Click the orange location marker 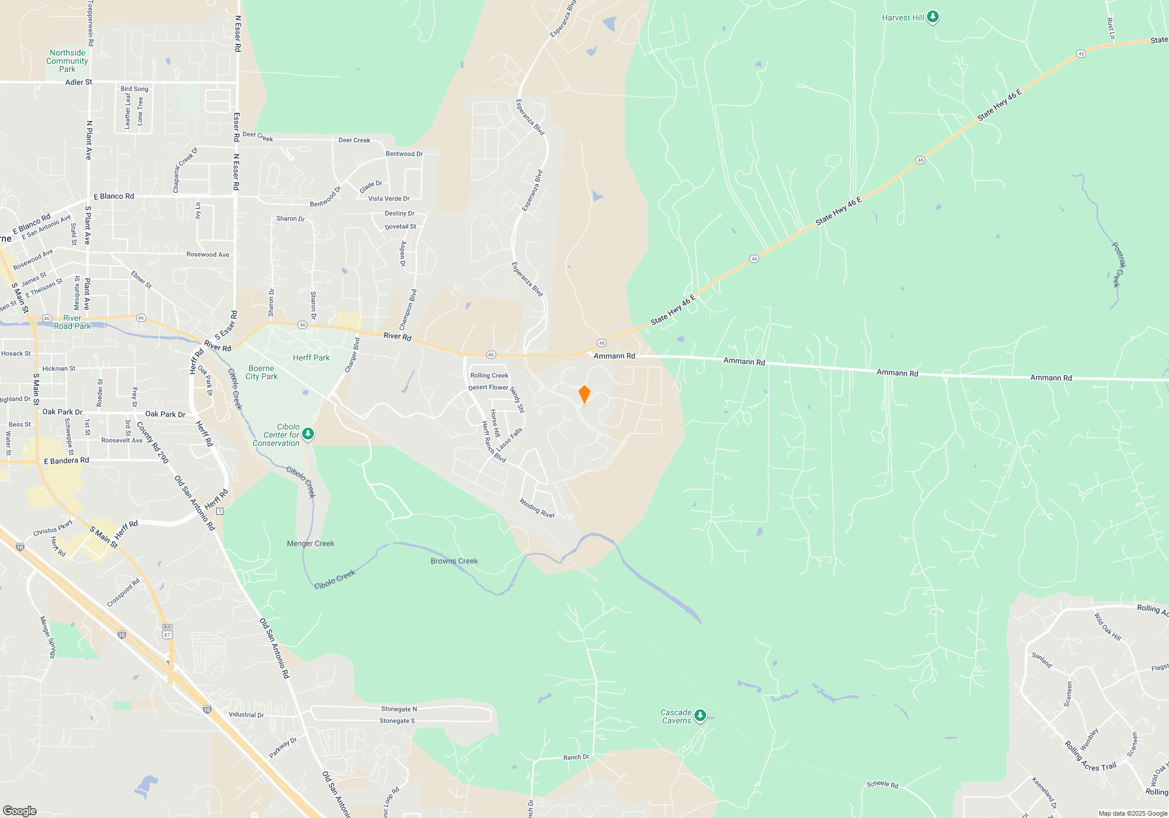pyautogui.click(x=584, y=394)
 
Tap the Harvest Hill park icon pyautogui.click(x=933, y=16)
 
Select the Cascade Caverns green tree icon pyautogui.click(x=700, y=715)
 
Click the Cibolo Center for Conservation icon pyautogui.click(x=308, y=434)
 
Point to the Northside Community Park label pyautogui.click(x=67, y=61)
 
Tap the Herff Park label pyautogui.click(x=311, y=358)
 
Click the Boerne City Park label pyautogui.click(x=261, y=373)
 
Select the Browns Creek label pyautogui.click(x=454, y=561)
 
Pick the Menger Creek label pyautogui.click(x=310, y=543)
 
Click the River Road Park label pyautogui.click(x=72, y=322)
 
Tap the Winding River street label pyautogui.click(x=537, y=508)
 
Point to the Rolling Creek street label pyautogui.click(x=489, y=376)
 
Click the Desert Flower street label pyautogui.click(x=488, y=387)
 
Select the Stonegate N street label pyautogui.click(x=399, y=709)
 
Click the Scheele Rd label pyautogui.click(x=882, y=784)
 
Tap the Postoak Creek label pyautogui.click(x=1118, y=265)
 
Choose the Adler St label pyautogui.click(x=78, y=82)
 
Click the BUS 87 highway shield pyautogui.click(x=168, y=632)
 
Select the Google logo pyautogui.click(x=19, y=810)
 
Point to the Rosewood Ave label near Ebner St pyautogui.click(x=207, y=254)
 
